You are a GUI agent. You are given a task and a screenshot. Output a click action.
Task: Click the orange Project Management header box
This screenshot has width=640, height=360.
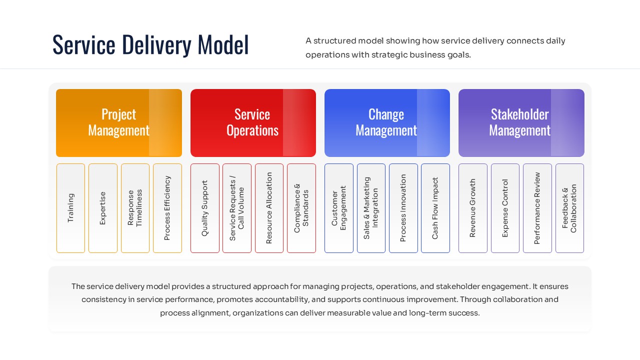[118, 122]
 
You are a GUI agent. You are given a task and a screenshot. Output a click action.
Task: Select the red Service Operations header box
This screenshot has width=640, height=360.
[252, 122]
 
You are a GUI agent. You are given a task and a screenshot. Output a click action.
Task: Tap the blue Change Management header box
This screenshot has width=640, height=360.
[386, 122]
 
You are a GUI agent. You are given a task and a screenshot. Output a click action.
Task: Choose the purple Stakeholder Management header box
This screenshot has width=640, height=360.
[520, 122]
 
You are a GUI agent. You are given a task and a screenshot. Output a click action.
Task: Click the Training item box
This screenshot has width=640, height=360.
[70, 208]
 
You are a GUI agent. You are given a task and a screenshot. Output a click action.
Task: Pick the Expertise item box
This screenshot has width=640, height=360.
[102, 208]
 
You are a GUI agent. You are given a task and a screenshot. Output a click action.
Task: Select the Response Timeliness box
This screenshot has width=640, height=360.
[135, 208]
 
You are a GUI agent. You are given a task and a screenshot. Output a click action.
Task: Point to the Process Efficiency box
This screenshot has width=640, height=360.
[167, 208]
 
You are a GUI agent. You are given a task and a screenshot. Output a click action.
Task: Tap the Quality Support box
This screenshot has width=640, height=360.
[204, 208]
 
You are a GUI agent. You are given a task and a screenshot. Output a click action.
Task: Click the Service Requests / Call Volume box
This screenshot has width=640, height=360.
[236, 208]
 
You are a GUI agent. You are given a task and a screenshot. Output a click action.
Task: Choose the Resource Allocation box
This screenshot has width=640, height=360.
[269, 208]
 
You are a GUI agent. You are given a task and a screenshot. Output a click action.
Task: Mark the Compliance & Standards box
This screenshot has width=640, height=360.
[301, 208]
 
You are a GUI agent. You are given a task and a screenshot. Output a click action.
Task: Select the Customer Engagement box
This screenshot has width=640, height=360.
[338, 208]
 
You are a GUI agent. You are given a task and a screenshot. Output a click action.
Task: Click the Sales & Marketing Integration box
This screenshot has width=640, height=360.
[371, 208]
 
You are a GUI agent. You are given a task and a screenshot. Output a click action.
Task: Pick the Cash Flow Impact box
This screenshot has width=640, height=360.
[435, 208]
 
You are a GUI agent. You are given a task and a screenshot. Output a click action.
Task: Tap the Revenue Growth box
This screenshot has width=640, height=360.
[472, 208]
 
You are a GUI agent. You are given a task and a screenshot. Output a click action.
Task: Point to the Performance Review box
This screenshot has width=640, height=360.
[537, 208]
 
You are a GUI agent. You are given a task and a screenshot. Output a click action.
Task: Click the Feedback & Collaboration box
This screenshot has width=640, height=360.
[569, 208]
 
